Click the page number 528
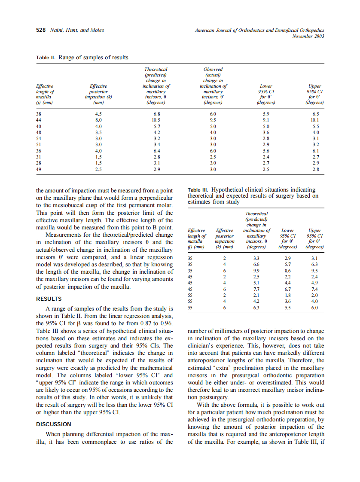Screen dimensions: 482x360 click(40, 30)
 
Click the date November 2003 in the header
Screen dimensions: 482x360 click(308, 36)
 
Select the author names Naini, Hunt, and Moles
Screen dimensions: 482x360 click(77, 30)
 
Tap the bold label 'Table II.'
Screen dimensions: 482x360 click(46, 58)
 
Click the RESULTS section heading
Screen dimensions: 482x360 click(49, 299)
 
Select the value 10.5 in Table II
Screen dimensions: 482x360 click(156, 120)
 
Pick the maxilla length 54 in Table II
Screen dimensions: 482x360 click(39, 139)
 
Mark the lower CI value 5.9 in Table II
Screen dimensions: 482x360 click(266, 114)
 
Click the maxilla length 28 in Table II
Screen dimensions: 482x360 click(39, 163)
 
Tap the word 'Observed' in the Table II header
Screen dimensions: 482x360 click(213, 69)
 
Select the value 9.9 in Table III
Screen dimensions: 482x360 click(256, 271)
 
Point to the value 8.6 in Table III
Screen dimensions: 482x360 click(287, 271)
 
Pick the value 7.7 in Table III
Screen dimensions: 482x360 click(256, 290)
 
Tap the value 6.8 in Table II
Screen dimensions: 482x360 click(156, 114)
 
